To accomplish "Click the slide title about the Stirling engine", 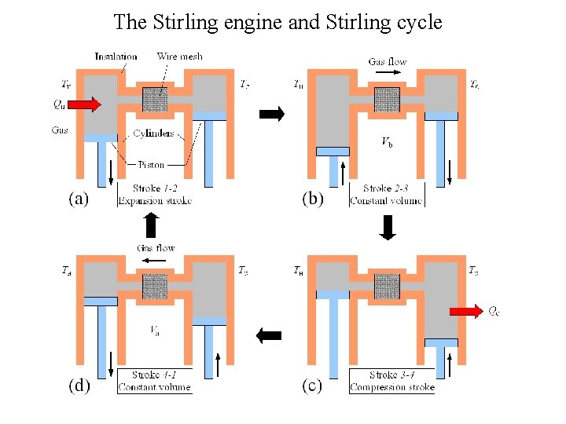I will tap(277, 21).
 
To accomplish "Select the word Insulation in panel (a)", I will tap(116, 57).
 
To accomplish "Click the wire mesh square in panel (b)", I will tap(387, 100).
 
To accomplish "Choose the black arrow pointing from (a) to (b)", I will tap(271, 114).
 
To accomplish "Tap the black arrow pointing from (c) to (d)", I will tap(270, 335).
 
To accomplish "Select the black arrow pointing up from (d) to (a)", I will tap(151, 225).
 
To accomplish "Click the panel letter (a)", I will tap(77, 199).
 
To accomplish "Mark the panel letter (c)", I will tap(312, 386).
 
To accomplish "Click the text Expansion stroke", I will tap(155, 201).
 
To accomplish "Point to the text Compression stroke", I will tap(392, 387).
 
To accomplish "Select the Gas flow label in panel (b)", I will tap(387, 61).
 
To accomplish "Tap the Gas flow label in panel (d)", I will tap(156, 247).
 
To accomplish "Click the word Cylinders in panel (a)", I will tap(153, 133).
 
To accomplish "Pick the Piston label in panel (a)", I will tap(151, 165).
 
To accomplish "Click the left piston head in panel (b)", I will tap(332, 151).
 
